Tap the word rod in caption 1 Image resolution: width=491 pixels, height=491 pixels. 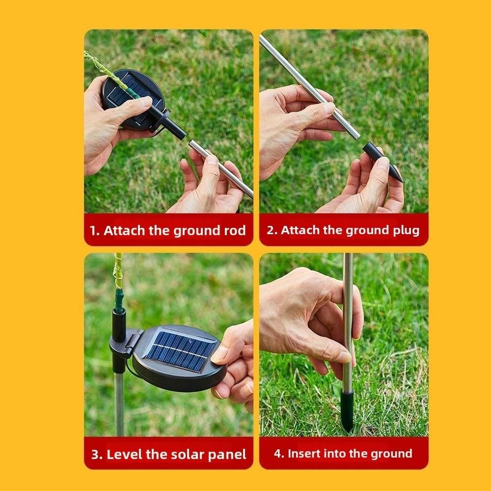(x=235, y=231)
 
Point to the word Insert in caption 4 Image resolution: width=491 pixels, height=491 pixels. (x=304, y=454)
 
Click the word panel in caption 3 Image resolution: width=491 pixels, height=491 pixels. (x=227, y=454)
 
